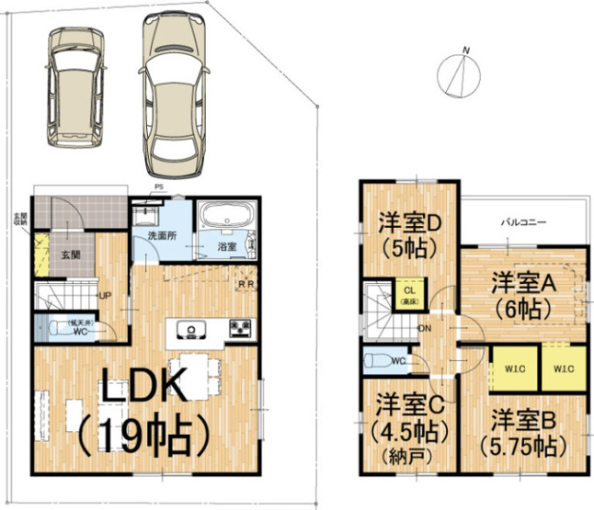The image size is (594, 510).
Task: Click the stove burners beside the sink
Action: coord(241,327)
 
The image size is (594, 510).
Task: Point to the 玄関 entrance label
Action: coord(71,255)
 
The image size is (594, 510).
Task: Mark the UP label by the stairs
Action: coord(105,295)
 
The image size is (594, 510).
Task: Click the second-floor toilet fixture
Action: coord(376,361)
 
